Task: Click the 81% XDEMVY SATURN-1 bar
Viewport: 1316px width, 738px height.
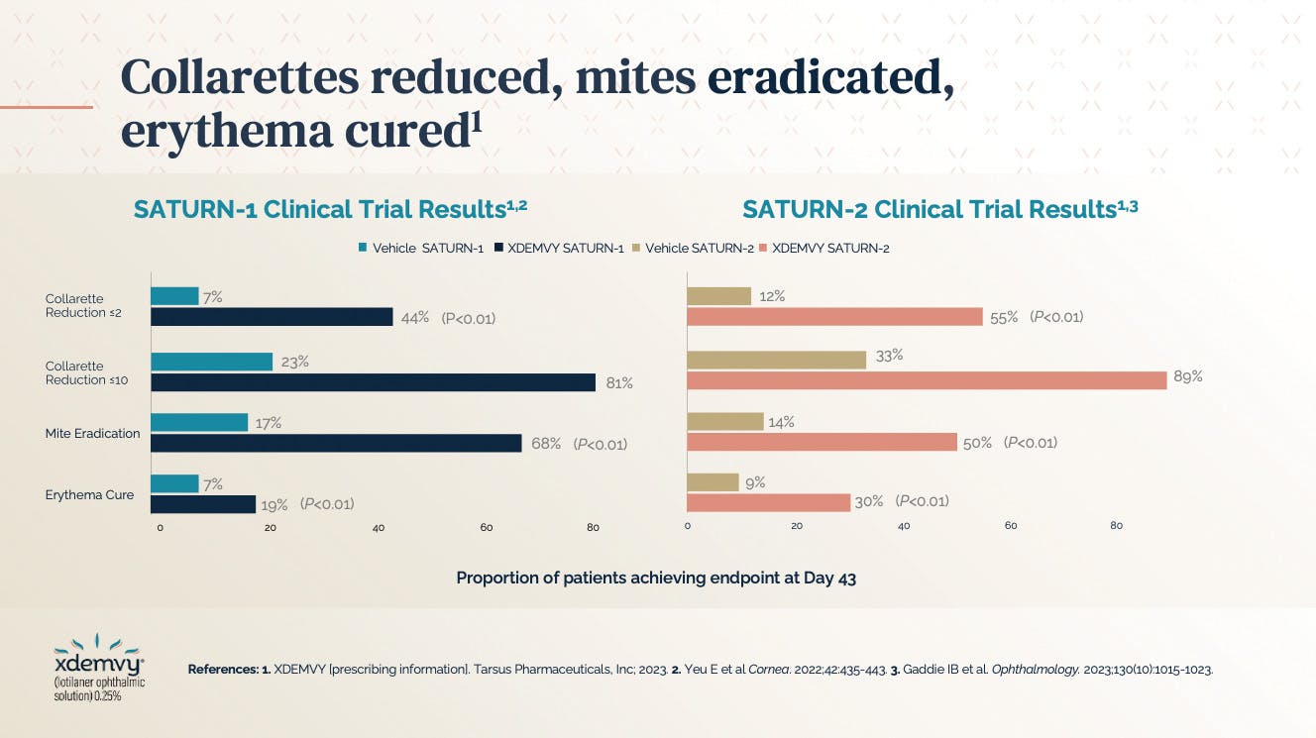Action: tap(373, 382)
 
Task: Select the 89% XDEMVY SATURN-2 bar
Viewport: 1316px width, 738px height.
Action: tap(927, 380)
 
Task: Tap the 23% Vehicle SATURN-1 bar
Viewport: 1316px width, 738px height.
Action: tap(211, 362)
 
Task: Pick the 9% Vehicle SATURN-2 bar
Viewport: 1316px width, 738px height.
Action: tap(713, 482)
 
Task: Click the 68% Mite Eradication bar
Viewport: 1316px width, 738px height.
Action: tap(336, 443)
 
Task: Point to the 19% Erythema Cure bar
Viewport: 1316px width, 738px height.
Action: tap(203, 504)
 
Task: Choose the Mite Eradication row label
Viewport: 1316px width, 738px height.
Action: tap(92, 434)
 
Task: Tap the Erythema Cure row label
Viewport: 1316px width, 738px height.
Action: tap(89, 494)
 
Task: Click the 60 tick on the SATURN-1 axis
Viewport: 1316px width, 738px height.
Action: tap(487, 528)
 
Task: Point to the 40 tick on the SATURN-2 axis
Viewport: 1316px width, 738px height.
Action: tap(904, 526)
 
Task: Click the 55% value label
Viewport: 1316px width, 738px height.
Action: tap(1004, 317)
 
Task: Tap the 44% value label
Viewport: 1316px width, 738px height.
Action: tap(414, 318)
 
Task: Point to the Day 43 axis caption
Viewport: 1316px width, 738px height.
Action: tap(656, 578)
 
